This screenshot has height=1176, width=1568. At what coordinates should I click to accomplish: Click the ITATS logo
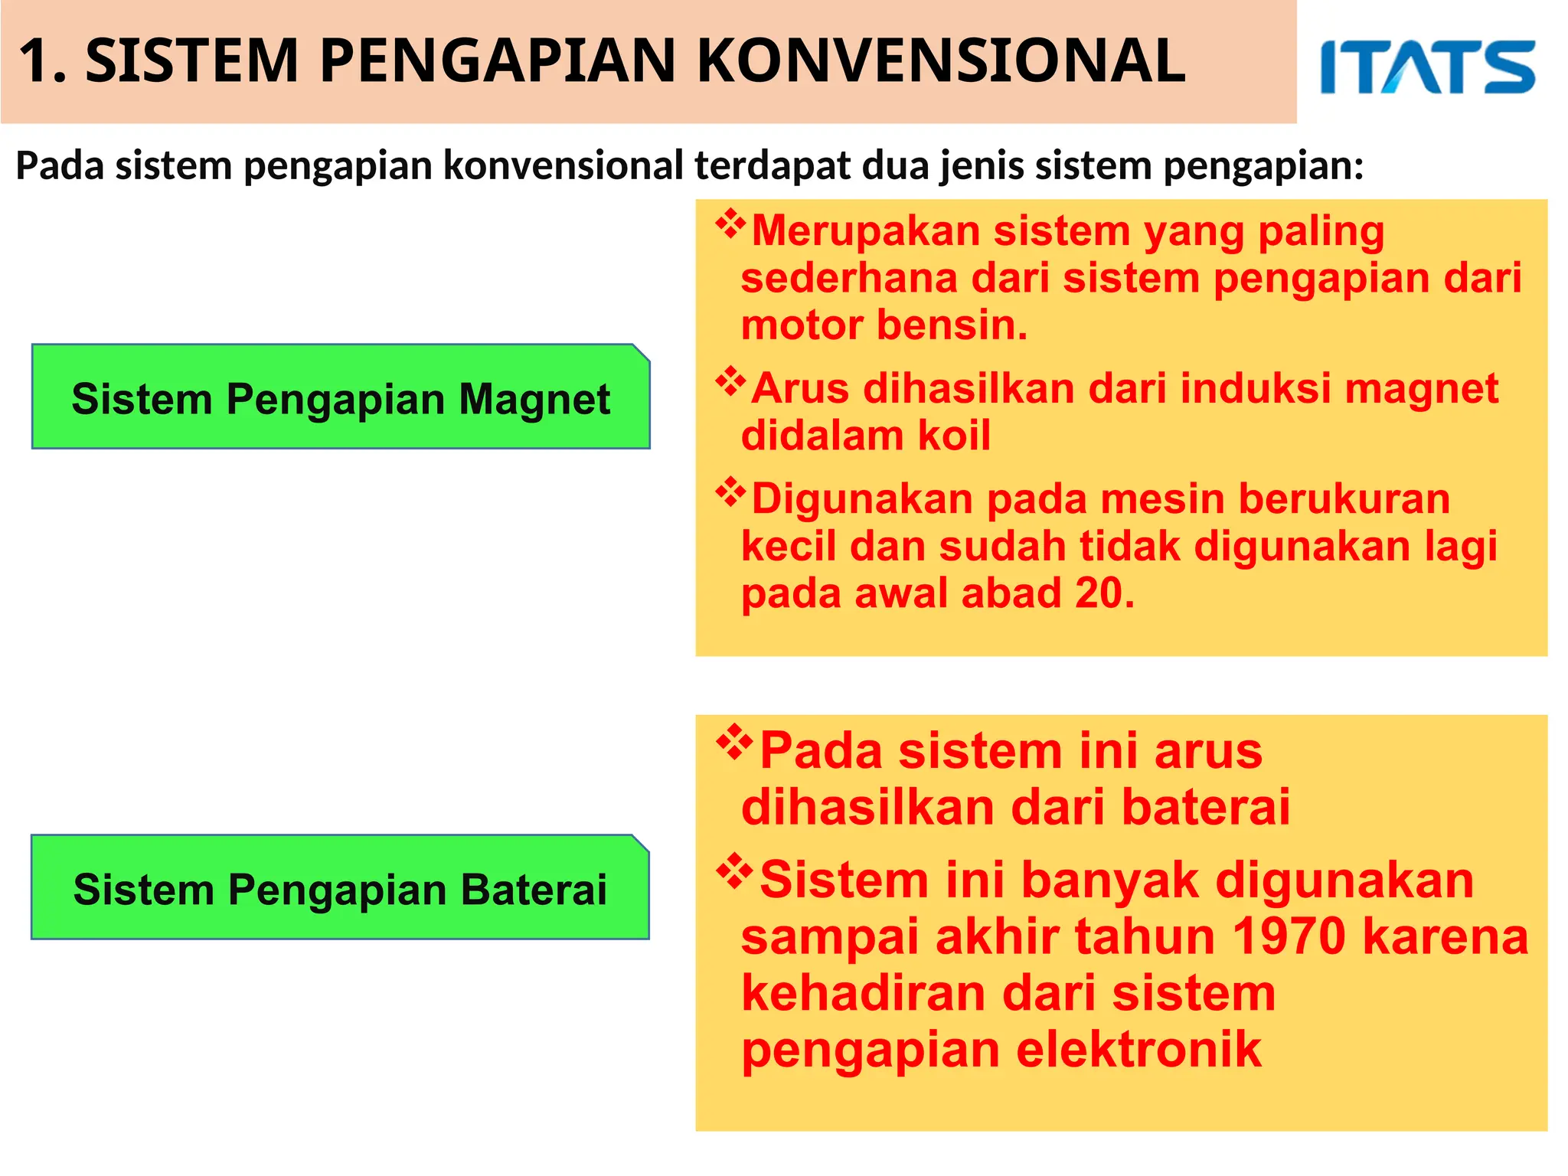1427,67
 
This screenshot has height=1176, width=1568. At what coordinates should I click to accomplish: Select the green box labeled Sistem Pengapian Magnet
341,397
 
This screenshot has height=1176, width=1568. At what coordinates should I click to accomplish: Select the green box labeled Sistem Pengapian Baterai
340,887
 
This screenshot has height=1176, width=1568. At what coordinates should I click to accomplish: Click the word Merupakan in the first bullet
865,230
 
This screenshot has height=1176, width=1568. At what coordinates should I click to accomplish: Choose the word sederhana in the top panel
849,277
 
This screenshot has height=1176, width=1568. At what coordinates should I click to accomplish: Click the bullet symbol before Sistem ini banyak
733,871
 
